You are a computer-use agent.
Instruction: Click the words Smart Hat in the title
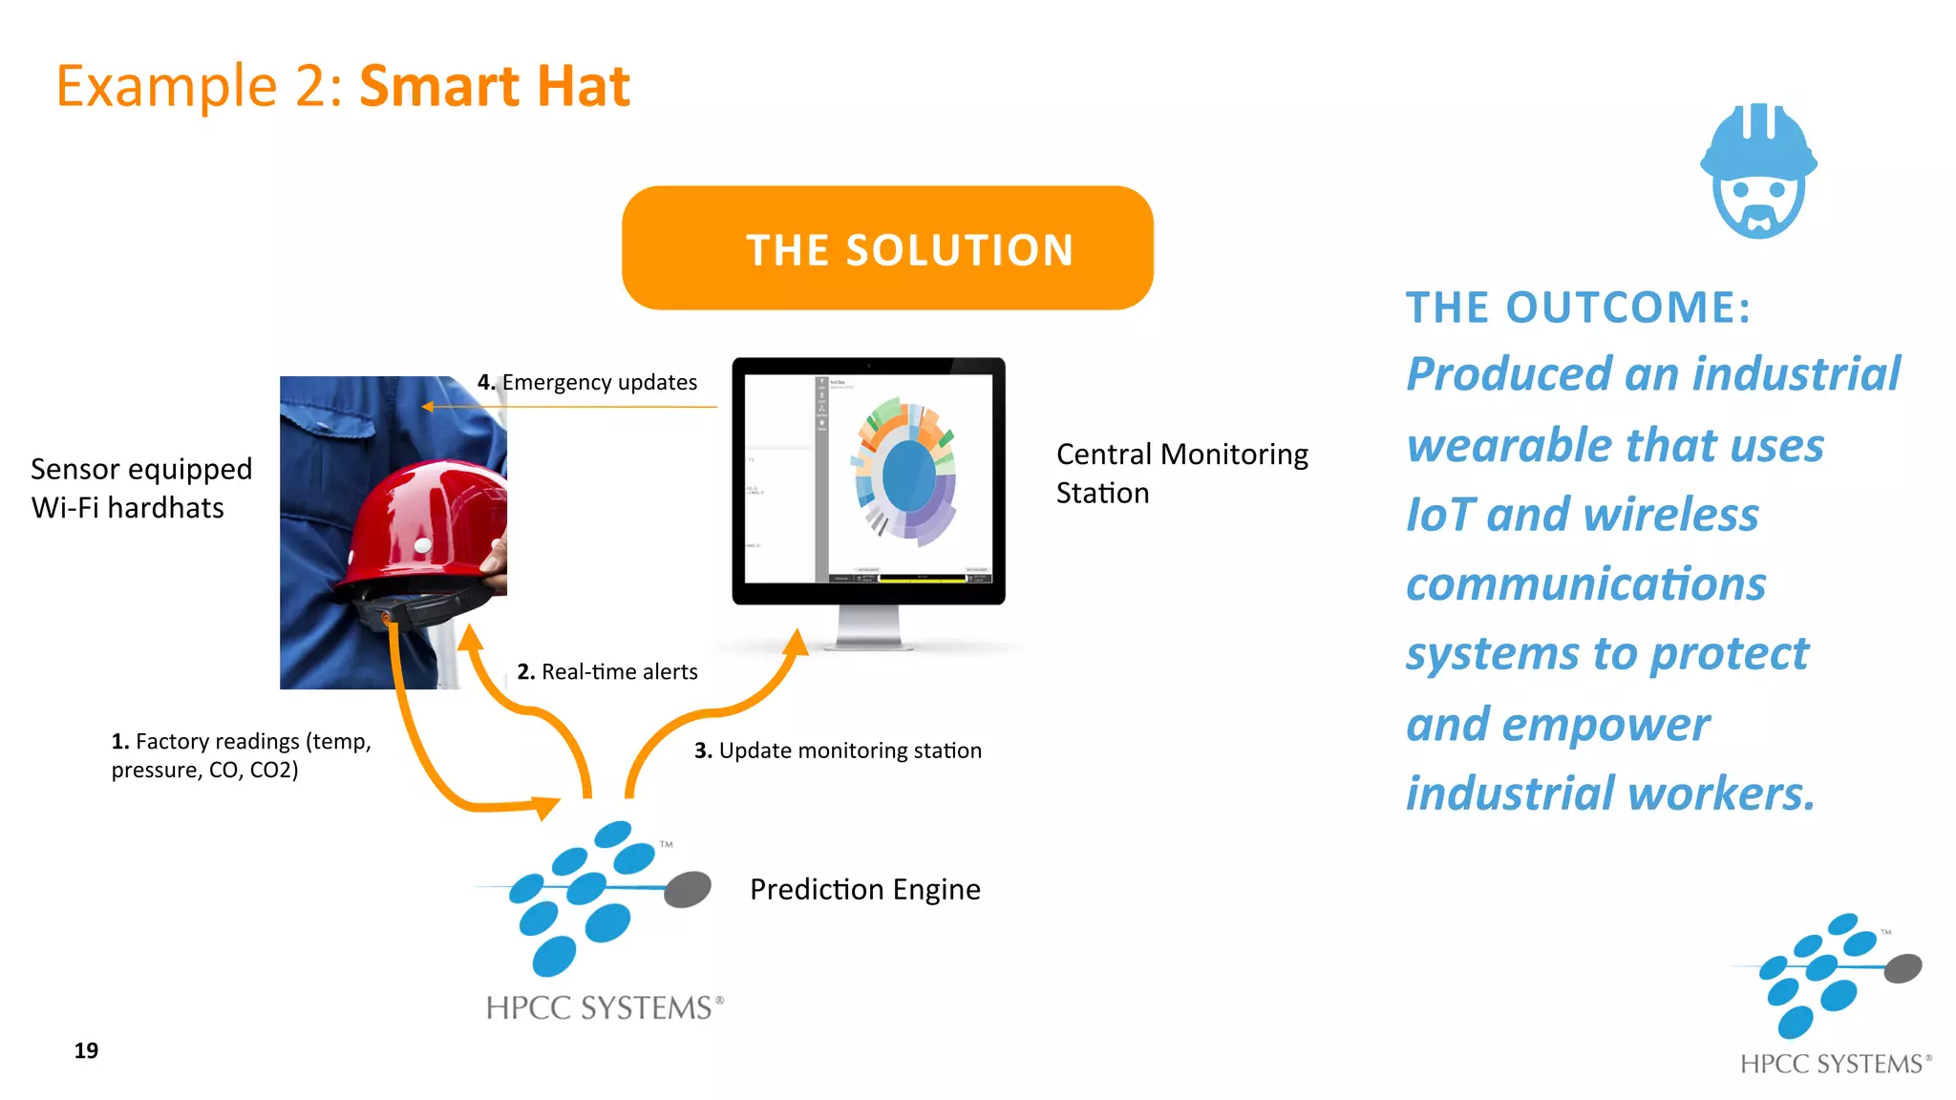(494, 86)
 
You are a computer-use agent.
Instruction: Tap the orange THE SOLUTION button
(887, 248)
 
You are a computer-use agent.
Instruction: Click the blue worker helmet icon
(1758, 170)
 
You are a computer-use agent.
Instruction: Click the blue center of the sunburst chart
(908, 475)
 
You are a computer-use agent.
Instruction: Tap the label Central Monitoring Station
(1181, 473)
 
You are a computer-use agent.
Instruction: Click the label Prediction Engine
(864, 889)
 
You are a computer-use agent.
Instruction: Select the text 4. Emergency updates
(587, 382)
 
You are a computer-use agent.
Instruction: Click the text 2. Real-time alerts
(607, 671)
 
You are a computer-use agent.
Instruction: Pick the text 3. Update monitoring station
(838, 751)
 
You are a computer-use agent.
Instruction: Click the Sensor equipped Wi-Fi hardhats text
(140, 488)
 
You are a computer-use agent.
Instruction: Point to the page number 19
(86, 1050)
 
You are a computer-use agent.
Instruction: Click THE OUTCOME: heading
(1578, 307)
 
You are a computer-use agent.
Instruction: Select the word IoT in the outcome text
(1440, 515)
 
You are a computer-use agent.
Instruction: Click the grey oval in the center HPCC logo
(688, 889)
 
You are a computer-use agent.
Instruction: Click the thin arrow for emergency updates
(573, 407)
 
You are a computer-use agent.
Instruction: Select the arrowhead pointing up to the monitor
(796, 643)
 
